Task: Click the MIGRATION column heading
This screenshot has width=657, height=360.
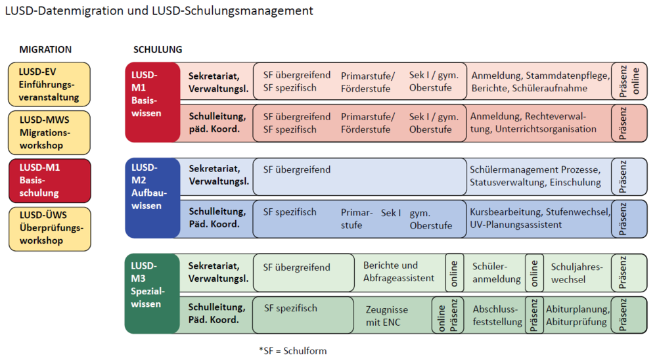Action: click(45, 49)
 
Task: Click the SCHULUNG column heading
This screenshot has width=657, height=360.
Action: click(158, 49)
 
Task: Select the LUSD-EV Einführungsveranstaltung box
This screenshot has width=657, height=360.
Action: click(49, 84)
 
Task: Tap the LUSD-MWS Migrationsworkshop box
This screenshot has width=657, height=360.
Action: click(49, 132)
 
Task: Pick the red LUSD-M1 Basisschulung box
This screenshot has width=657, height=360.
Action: click(49, 180)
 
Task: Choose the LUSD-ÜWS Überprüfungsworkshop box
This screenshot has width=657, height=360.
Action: click(49, 228)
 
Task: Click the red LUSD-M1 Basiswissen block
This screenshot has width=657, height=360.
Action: click(152, 102)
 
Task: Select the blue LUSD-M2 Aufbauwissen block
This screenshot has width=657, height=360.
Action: click(152, 197)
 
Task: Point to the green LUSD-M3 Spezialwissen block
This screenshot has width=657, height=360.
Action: click(152, 294)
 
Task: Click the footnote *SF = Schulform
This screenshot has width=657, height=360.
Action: click(292, 351)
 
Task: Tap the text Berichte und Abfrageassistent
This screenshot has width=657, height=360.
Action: click(399, 271)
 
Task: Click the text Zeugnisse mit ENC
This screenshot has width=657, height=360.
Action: click(387, 316)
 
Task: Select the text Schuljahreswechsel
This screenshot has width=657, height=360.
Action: click(576, 273)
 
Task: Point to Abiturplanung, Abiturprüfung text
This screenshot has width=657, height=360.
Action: click(578, 316)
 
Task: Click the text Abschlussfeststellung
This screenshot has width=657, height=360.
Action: click(497, 316)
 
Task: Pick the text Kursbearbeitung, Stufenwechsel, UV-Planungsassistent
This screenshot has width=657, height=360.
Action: click(539, 218)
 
